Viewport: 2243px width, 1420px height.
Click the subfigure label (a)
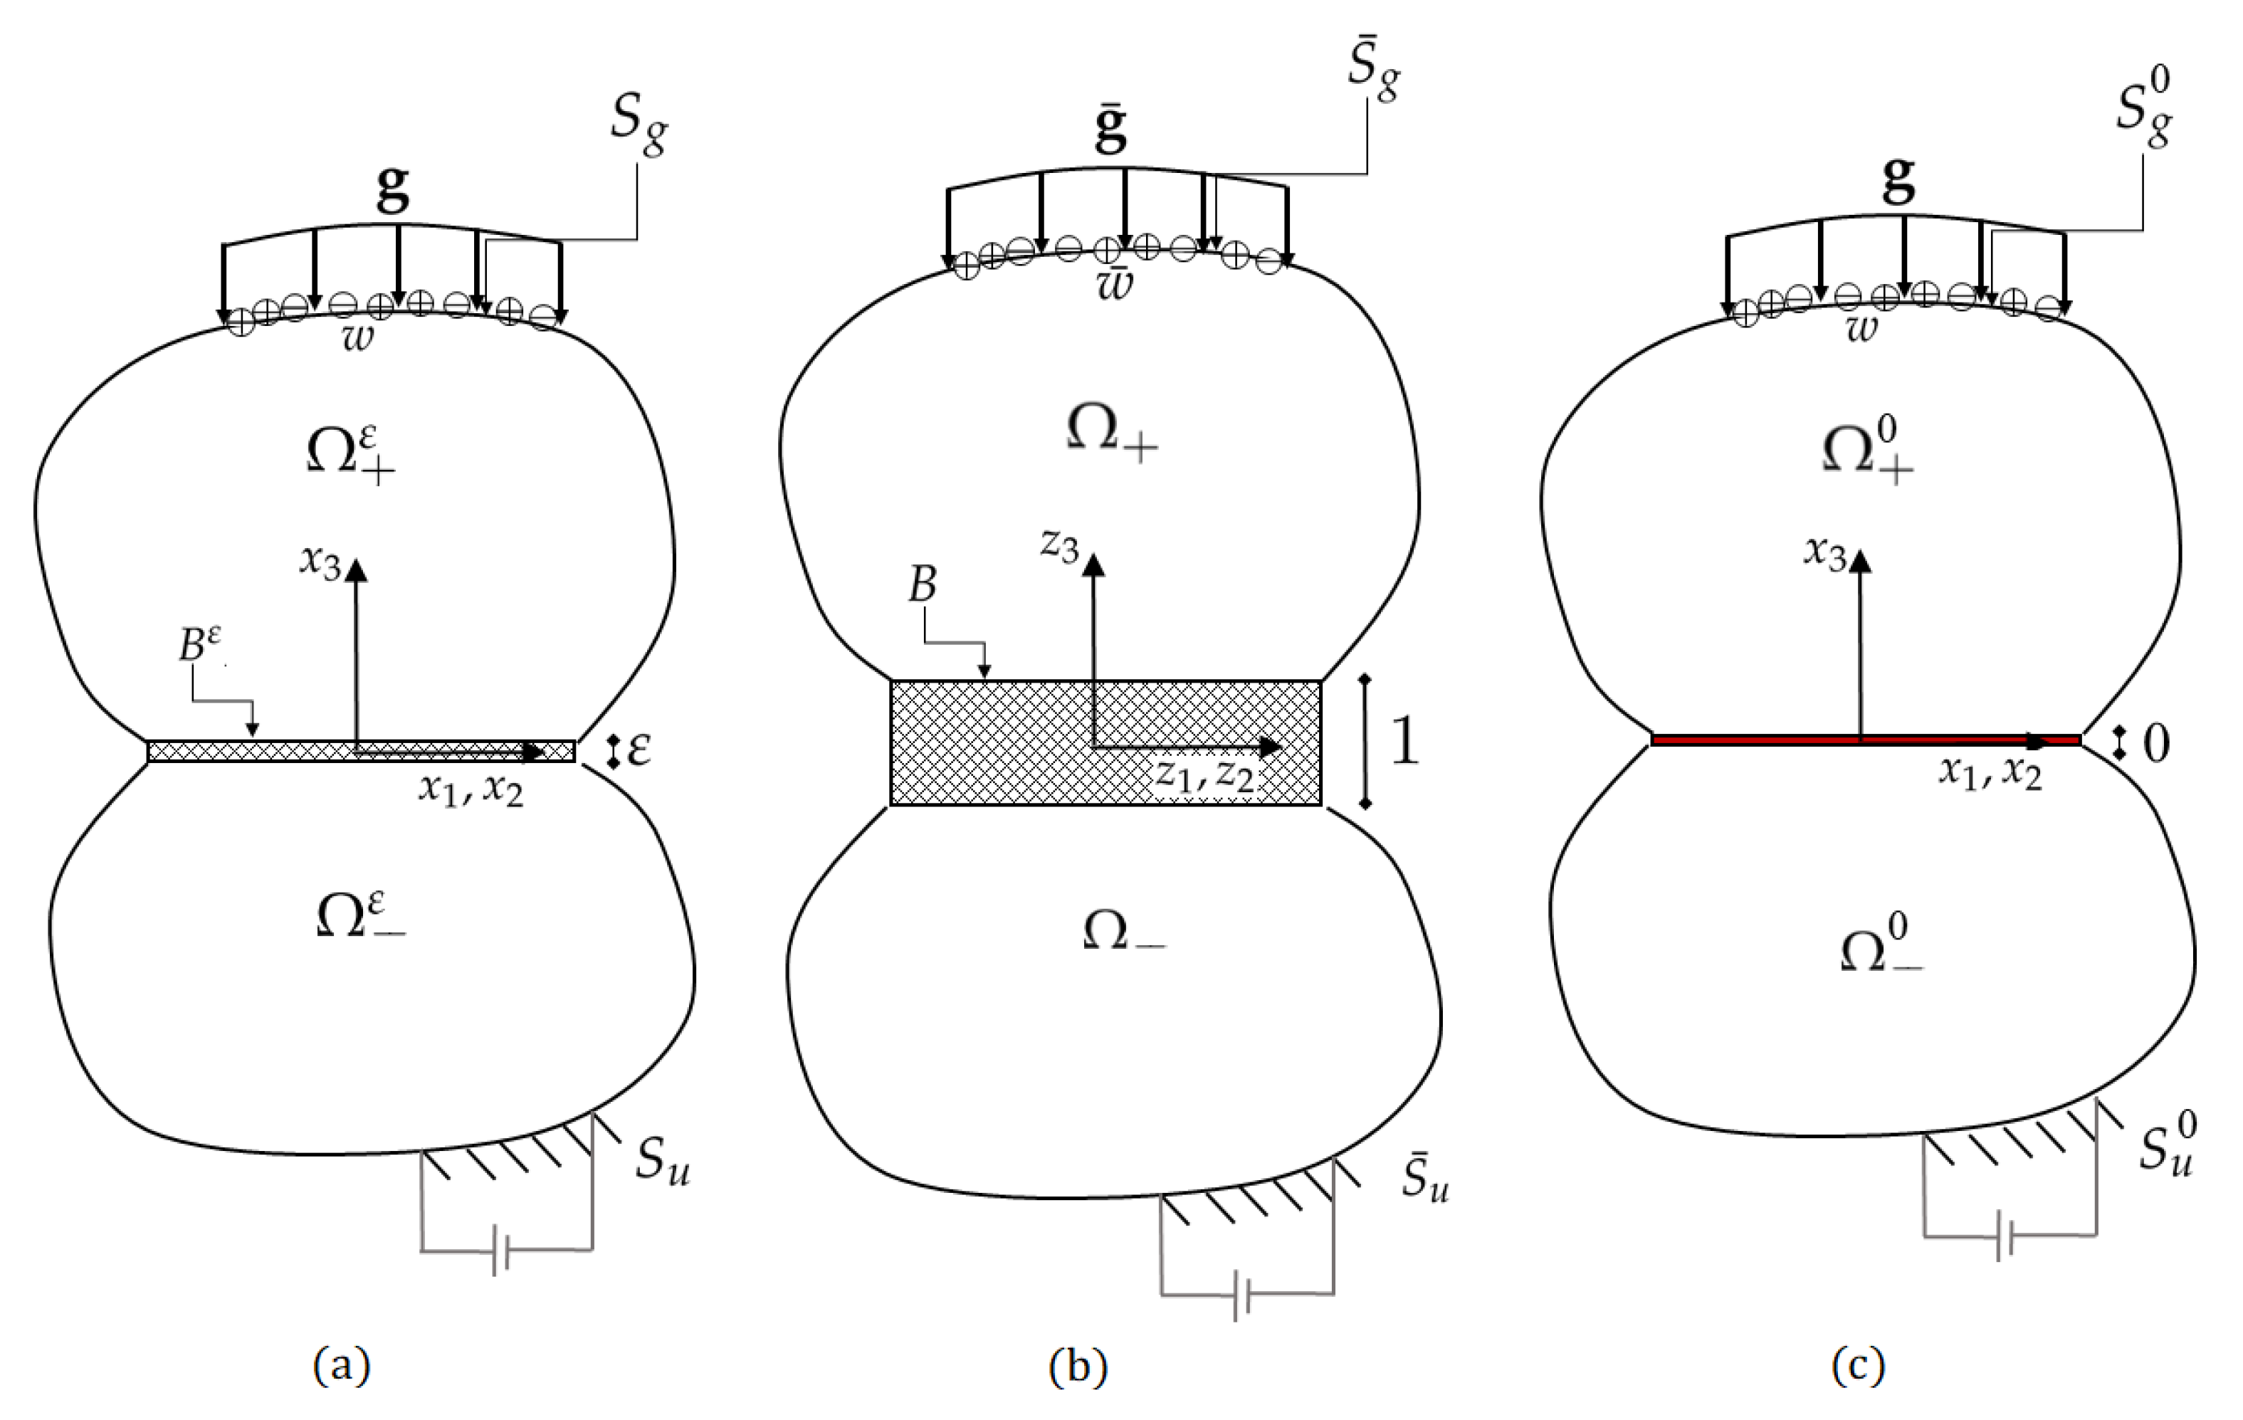342,1367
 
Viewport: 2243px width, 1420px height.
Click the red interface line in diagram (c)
1770,740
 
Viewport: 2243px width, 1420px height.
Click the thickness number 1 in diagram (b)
1404,742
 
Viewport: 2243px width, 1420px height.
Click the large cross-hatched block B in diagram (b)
987,745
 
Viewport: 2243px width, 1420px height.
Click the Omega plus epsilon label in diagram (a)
350,453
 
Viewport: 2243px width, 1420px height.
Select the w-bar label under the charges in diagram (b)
1115,282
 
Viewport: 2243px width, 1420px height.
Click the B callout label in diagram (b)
921,587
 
